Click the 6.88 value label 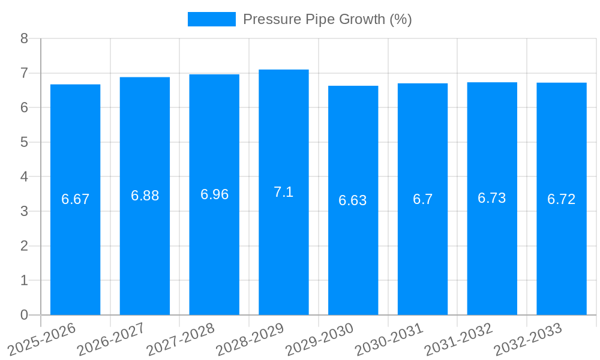click(145, 196)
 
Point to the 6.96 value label click(214, 194)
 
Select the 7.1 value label click(283, 192)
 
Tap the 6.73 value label click(491, 198)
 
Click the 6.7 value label click(422, 199)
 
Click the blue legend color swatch click(211, 19)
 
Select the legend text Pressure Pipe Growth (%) click(327, 19)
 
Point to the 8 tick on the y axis click(24, 39)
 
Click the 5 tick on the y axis click(24, 143)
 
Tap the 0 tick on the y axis click(24, 315)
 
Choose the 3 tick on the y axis click(24, 212)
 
